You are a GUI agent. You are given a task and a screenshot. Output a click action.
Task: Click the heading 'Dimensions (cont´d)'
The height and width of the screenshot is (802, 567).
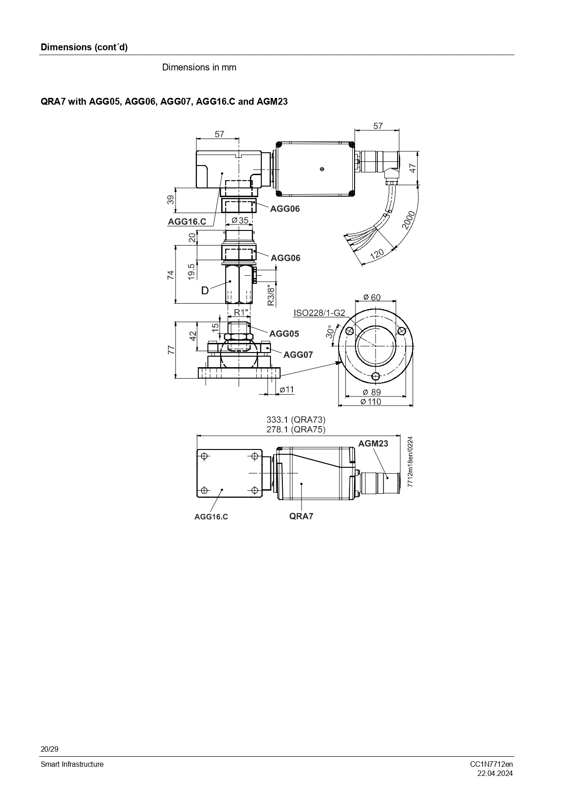[x=84, y=47]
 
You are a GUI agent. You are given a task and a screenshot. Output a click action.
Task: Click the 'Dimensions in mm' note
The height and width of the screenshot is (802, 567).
[x=199, y=67]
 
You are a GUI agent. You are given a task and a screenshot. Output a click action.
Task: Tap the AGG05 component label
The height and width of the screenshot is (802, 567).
[x=284, y=334]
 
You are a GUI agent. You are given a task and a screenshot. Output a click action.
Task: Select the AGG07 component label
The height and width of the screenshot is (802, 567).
[x=298, y=354]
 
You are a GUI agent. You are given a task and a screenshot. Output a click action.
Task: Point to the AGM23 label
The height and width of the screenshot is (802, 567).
[x=373, y=444]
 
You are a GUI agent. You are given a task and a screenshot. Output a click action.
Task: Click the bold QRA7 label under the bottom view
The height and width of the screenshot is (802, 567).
[x=301, y=516]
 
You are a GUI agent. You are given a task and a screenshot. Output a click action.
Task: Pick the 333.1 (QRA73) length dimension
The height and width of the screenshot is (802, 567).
[x=296, y=419]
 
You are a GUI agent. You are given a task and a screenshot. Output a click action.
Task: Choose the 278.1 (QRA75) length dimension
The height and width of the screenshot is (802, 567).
[x=296, y=429]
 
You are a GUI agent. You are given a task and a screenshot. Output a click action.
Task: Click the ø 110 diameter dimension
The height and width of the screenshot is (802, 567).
[x=371, y=401]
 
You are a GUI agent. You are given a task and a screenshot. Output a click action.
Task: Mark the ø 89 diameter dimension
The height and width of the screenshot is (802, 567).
[x=371, y=392]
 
